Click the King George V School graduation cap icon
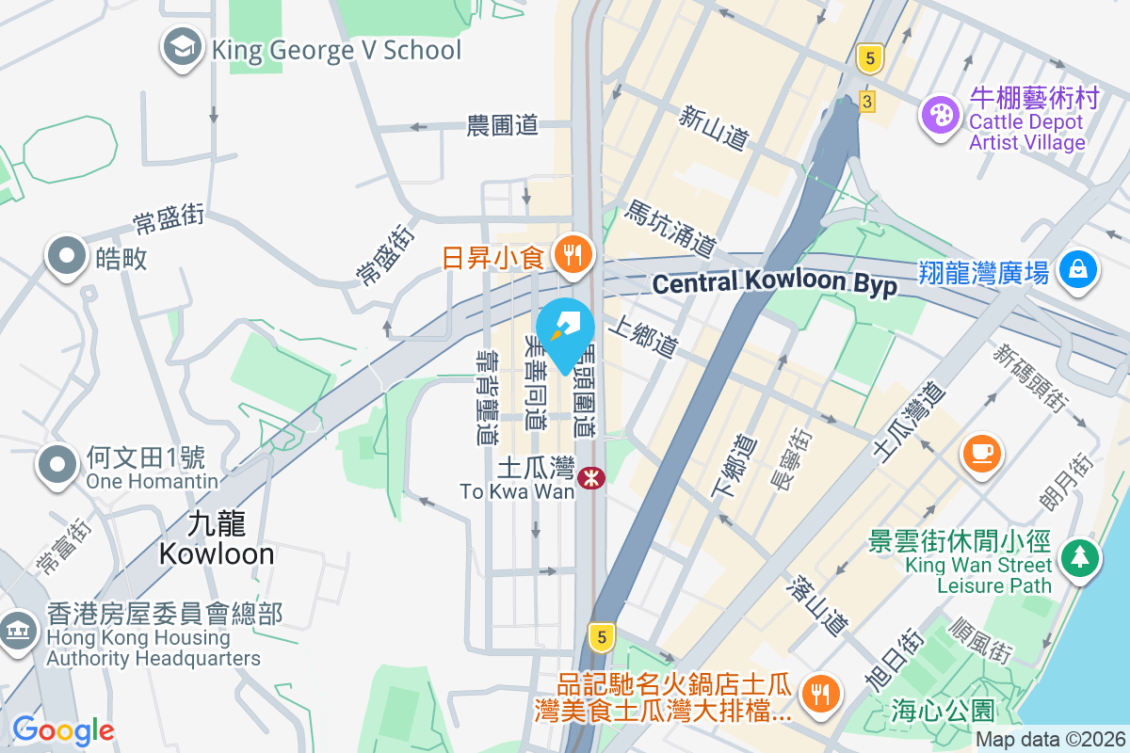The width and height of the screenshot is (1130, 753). (x=182, y=48)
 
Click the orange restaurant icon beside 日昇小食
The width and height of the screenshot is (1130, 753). (x=572, y=254)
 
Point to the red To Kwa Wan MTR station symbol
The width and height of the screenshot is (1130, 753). (x=591, y=478)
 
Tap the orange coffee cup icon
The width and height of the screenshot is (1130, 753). (x=982, y=453)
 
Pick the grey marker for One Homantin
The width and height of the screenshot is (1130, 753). (x=58, y=465)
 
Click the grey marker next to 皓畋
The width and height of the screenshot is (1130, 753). (x=67, y=257)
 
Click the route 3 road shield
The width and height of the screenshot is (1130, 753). (x=866, y=99)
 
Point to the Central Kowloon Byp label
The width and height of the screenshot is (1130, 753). (x=774, y=284)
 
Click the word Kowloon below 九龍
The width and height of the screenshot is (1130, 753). (x=217, y=553)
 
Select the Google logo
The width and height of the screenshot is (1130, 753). (x=63, y=729)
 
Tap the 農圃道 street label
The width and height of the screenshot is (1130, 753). (x=502, y=125)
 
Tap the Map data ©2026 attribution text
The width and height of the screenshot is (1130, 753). (x=1049, y=739)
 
